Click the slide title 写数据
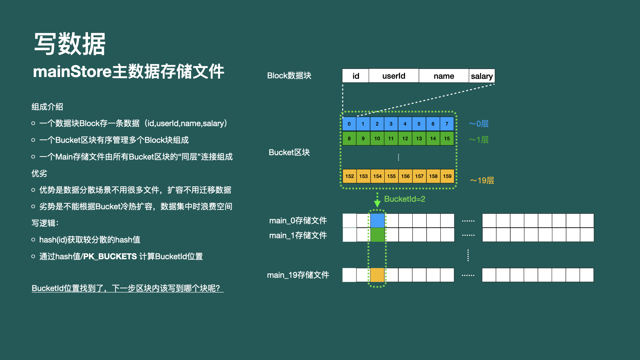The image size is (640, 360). click(x=70, y=44)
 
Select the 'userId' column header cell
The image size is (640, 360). click(x=394, y=76)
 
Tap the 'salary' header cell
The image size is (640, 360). click(x=482, y=76)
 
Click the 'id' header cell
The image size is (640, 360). click(x=356, y=76)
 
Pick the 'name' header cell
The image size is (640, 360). click(x=444, y=76)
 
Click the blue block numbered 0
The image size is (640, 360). click(x=349, y=124)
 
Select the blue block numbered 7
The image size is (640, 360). click(x=447, y=124)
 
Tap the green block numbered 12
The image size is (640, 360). click(x=405, y=138)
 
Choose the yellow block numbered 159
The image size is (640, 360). click(x=447, y=176)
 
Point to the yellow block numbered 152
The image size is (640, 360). click(x=350, y=176)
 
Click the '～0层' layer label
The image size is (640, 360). click(x=479, y=124)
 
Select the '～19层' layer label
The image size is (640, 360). click(x=482, y=180)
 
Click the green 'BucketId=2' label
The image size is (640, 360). click(x=405, y=199)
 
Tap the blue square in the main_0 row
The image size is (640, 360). click(x=377, y=221)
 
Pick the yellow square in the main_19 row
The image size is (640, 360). click(x=377, y=275)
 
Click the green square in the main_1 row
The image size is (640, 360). click(x=377, y=235)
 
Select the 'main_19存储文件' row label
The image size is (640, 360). click(x=298, y=275)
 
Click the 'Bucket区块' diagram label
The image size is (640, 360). click(x=289, y=152)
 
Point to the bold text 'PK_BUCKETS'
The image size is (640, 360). click(x=110, y=256)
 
